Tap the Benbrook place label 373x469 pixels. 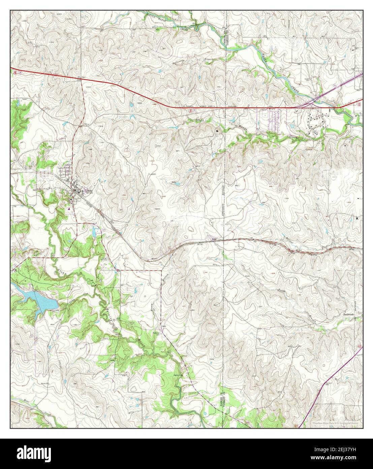[349, 314]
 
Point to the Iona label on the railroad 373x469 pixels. [213, 240]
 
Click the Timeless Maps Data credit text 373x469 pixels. [335, 423]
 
